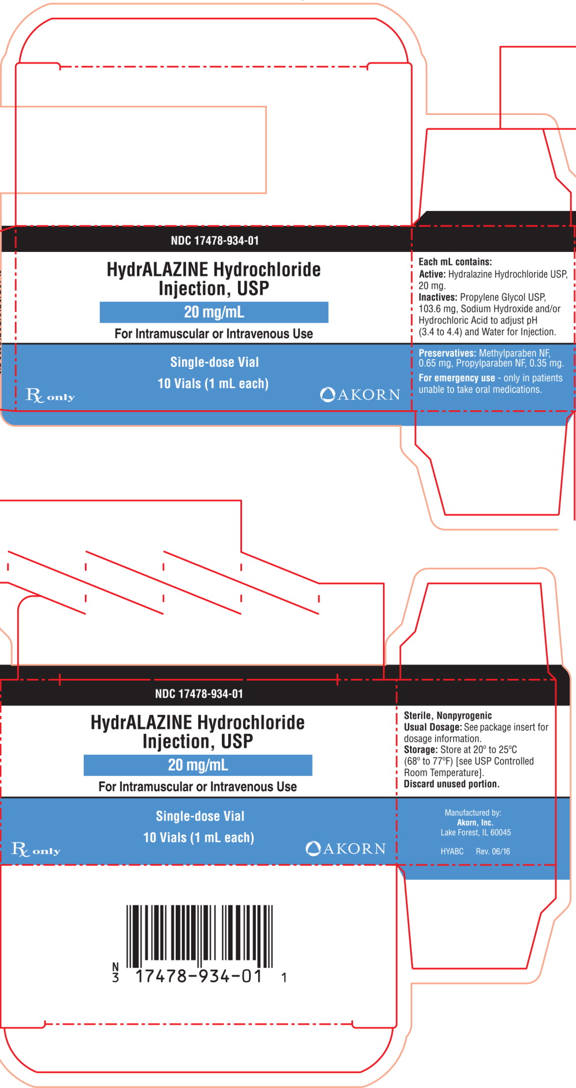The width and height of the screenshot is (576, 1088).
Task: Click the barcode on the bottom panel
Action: pyautogui.click(x=199, y=935)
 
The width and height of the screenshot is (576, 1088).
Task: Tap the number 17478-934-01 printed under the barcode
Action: pyautogui.click(x=199, y=976)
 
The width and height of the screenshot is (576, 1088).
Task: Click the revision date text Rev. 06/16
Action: pyautogui.click(x=493, y=851)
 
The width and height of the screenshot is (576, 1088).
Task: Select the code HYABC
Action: pyautogui.click(x=452, y=851)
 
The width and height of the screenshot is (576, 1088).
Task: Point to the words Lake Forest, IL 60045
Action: pyautogui.click(x=475, y=833)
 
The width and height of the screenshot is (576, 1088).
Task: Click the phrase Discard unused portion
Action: pyautogui.click(x=452, y=784)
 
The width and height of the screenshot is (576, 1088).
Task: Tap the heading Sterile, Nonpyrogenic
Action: pyautogui.click(x=448, y=715)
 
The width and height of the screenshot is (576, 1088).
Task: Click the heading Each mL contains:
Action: pyautogui.click(x=455, y=262)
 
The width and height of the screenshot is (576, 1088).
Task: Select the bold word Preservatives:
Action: pyautogui.click(x=447, y=353)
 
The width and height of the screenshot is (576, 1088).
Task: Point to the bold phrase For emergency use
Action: pyautogui.click(x=456, y=378)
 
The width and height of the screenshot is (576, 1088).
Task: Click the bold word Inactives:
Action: pyautogui.click(x=438, y=297)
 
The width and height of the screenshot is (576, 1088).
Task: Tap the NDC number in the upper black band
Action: pyautogui.click(x=214, y=240)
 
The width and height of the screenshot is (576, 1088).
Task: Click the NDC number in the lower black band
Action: pyautogui.click(x=199, y=693)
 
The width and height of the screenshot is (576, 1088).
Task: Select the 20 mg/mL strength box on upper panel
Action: pyautogui.click(x=214, y=312)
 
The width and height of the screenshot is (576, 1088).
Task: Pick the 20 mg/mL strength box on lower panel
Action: pyautogui.click(x=198, y=765)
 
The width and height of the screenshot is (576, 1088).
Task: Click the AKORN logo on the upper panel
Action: pyautogui.click(x=360, y=395)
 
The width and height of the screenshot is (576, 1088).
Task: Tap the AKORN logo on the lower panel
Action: pyautogui.click(x=345, y=848)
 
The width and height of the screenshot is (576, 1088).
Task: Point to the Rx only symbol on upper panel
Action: pyautogui.click(x=50, y=396)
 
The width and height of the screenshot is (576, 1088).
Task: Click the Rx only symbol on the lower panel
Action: pyautogui.click(x=36, y=850)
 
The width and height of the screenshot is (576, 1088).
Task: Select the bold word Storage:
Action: pyautogui.click(x=421, y=749)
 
